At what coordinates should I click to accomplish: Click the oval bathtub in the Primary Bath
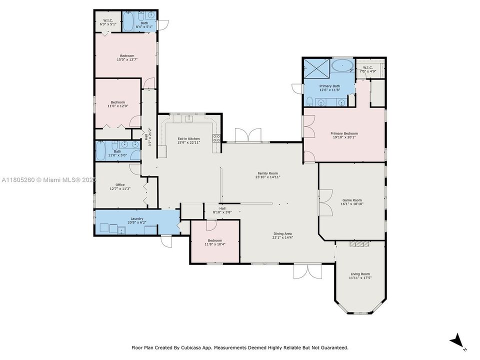[342, 65]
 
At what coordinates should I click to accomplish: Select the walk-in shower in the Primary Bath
[316, 69]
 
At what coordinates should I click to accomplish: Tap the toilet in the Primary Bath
[309, 102]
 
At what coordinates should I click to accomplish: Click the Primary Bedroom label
[344, 133]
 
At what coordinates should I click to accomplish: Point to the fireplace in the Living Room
[359, 244]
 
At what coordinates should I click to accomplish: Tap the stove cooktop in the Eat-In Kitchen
[216, 138]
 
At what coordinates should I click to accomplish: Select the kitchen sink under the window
[189, 119]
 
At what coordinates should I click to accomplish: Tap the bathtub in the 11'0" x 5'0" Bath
[101, 150]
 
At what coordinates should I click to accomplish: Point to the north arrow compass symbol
[456, 342]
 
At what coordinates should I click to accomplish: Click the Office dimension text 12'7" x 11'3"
[120, 189]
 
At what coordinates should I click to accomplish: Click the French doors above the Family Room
[247, 135]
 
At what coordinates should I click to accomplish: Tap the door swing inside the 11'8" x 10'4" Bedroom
[210, 225]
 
